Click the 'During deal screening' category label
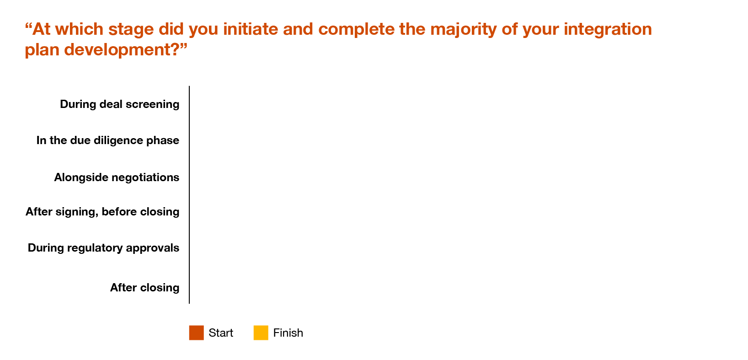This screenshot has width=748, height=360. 119,104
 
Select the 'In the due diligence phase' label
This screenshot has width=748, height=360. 108,140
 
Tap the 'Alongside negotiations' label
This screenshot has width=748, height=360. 117,177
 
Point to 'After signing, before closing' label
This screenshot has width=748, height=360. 102,212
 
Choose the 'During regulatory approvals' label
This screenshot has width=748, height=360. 103,248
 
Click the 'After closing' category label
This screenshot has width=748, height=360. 144,288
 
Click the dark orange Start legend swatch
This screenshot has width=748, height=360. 196,333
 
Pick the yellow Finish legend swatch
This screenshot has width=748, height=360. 261,333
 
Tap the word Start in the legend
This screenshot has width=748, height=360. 221,333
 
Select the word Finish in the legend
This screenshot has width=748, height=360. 288,333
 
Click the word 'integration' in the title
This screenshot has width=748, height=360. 608,30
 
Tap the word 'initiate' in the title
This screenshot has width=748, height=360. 251,29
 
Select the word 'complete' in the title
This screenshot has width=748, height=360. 356,30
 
